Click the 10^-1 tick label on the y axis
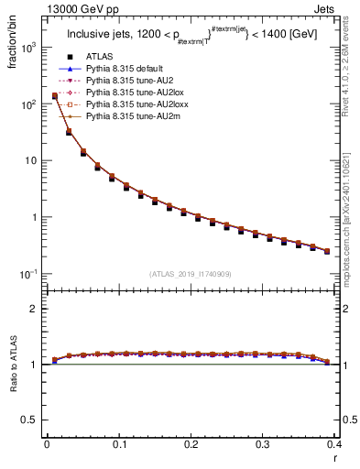[x=28, y=274]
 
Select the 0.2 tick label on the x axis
[x=191, y=443]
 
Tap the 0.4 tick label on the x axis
[x=333, y=443]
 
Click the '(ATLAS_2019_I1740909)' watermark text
[x=191, y=275]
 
